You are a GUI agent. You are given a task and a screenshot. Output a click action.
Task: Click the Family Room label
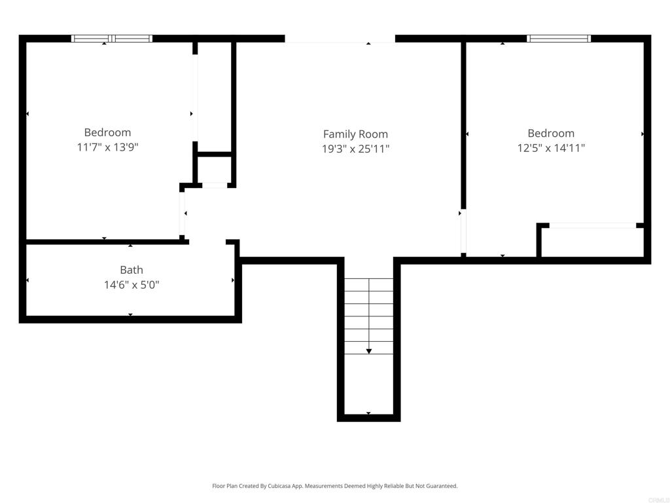355,134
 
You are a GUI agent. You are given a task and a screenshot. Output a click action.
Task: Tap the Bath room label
132,270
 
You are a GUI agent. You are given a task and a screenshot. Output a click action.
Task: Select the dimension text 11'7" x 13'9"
107,147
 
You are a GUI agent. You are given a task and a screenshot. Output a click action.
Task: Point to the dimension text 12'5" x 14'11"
551,148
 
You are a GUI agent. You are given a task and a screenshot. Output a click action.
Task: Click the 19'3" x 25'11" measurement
355,149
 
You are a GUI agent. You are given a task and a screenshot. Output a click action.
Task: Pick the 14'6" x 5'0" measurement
132,285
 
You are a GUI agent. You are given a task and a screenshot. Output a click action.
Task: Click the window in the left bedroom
111,39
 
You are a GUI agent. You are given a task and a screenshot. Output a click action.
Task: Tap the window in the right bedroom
559,39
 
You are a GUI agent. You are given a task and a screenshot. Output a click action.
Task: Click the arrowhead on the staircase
369,351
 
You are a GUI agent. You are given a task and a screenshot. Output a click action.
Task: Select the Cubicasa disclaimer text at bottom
335,486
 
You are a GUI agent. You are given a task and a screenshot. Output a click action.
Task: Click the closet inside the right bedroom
592,242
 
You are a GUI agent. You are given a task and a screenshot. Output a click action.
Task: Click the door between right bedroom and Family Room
463,233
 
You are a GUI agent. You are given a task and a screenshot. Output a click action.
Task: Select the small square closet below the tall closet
215,170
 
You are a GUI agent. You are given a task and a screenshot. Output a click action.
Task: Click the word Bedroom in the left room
107,132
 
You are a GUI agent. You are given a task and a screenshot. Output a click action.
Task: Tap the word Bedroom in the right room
551,134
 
